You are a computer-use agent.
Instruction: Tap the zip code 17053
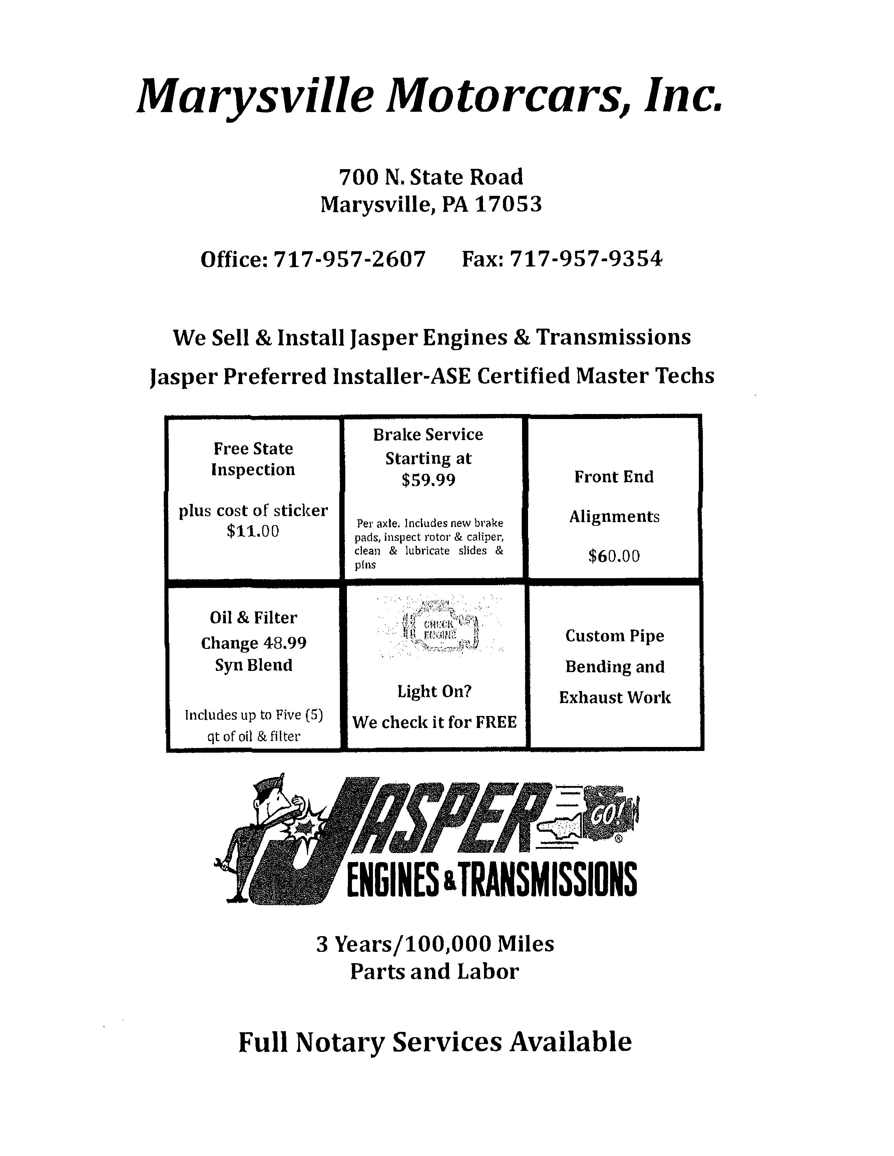point(508,204)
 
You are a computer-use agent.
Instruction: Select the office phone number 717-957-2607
point(349,259)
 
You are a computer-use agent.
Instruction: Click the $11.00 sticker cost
point(253,531)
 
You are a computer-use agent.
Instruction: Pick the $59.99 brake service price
point(428,480)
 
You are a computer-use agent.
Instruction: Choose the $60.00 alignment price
point(614,556)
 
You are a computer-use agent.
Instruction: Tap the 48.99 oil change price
point(285,643)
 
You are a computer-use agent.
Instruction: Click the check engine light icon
point(440,628)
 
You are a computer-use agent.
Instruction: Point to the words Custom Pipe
point(614,636)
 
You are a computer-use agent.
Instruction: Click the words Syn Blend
point(254,665)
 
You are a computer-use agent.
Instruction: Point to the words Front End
point(614,477)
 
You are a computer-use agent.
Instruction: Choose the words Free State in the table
point(253,449)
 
